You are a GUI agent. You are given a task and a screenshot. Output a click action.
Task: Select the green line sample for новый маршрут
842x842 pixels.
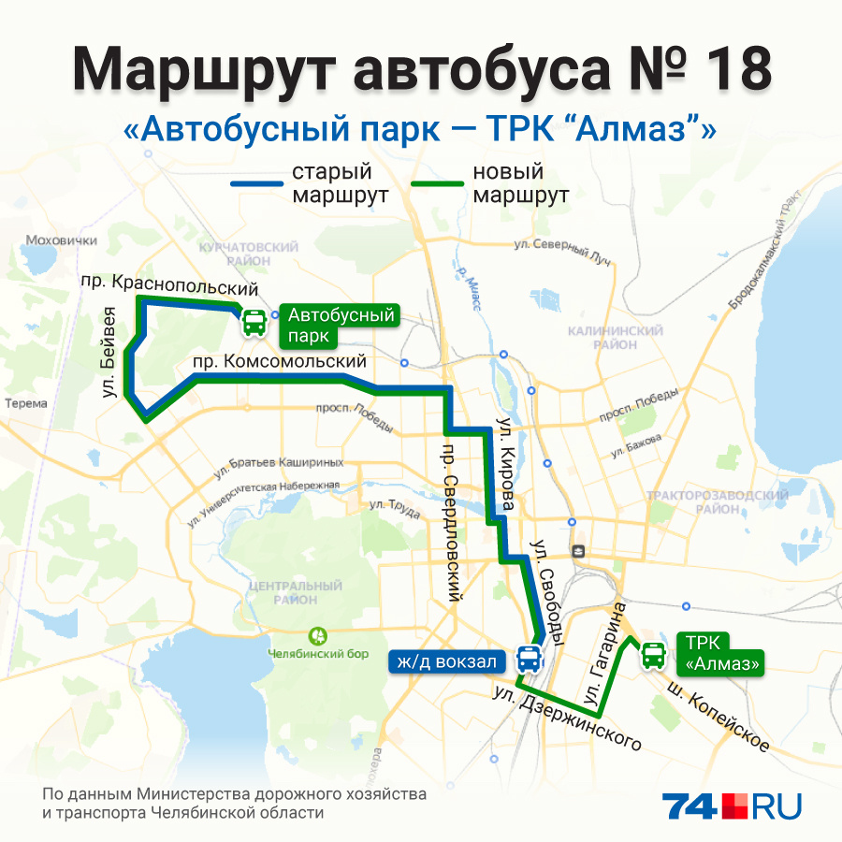click(x=437, y=184)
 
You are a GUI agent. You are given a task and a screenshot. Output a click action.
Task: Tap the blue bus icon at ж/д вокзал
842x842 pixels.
click(x=529, y=660)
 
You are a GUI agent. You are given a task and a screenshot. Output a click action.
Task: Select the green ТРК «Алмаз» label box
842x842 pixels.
click(x=720, y=654)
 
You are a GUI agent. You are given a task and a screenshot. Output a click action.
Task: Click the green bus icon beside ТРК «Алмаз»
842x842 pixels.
click(x=653, y=656)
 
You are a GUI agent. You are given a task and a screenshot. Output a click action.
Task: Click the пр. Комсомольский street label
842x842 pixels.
click(x=279, y=361)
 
